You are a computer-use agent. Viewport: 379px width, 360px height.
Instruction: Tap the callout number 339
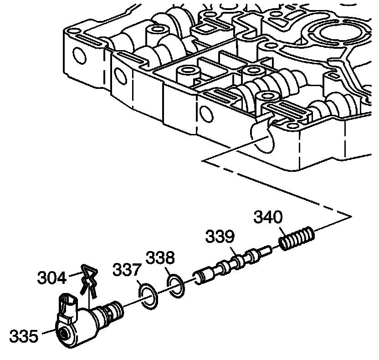pos(220,237)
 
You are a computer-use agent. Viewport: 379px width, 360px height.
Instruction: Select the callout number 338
pos(160,258)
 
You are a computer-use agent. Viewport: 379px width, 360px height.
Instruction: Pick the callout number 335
pos(23,336)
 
